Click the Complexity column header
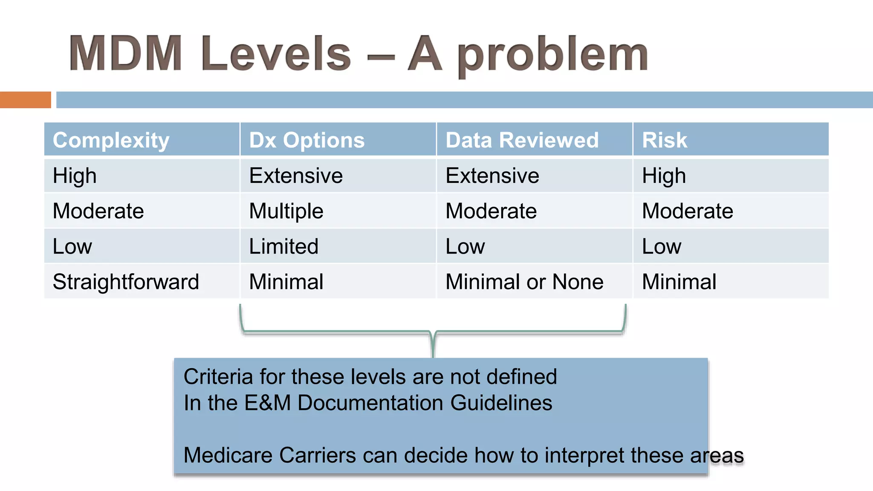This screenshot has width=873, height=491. [111, 140]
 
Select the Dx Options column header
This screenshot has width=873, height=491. [307, 140]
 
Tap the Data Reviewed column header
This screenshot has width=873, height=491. [522, 140]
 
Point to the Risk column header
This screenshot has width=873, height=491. [665, 140]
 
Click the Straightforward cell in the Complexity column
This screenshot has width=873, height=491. [126, 282]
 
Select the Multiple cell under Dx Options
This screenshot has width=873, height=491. [286, 211]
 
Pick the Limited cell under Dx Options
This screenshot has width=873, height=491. [283, 246]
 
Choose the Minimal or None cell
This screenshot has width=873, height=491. [524, 282]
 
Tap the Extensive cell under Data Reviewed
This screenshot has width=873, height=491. [492, 176]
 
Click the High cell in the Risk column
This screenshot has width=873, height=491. [664, 176]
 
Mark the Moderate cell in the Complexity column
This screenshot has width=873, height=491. [98, 211]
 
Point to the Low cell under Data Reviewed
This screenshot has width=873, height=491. [465, 246]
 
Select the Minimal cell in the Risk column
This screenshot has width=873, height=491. [679, 282]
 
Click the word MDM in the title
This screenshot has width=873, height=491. [126, 54]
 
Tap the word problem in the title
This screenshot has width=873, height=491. [553, 55]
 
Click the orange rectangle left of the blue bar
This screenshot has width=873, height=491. [25, 100]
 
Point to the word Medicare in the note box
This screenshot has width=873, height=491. [228, 455]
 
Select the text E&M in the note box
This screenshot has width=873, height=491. [267, 403]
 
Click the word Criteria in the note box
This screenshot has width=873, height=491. [218, 377]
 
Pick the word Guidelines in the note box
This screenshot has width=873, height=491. [501, 403]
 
